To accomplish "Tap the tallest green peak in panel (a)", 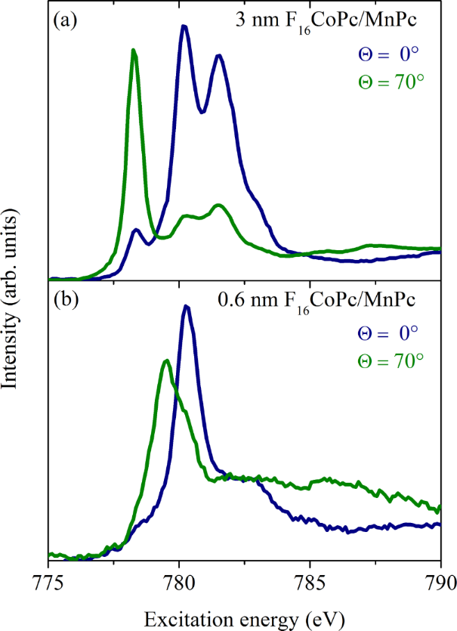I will point(134,51).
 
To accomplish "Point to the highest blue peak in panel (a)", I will point(184,26).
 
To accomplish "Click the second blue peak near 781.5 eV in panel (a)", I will point(218,56).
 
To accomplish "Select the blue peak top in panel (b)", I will point(186,307).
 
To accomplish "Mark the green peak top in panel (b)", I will point(166,360).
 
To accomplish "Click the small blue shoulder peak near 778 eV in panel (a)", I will point(136,230).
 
